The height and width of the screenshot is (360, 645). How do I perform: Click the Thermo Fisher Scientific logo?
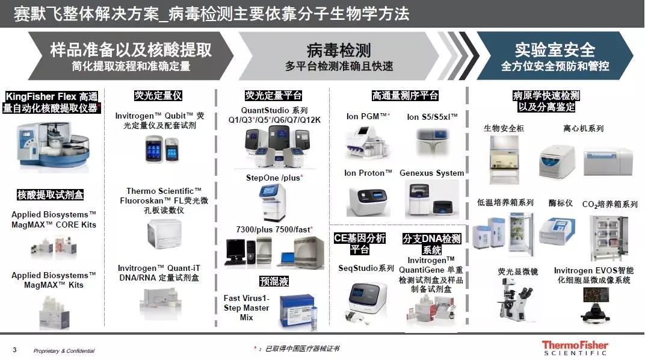point(575,347)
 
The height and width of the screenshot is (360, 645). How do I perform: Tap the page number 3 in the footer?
point(15,350)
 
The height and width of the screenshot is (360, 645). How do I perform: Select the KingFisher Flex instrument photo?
point(53,146)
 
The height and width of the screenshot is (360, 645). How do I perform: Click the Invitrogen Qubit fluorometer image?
point(162,149)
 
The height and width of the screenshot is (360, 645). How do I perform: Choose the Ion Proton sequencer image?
point(368,201)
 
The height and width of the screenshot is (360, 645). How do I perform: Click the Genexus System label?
point(431,173)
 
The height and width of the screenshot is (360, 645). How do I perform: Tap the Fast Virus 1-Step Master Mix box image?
point(298,311)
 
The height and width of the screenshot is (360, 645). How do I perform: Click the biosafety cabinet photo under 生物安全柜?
point(504,159)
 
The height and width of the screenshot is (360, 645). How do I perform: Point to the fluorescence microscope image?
point(517,299)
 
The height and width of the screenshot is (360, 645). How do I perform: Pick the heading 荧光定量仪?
point(158,96)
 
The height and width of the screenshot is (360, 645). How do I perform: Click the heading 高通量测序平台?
point(405,96)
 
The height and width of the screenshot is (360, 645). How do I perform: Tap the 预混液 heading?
point(274,281)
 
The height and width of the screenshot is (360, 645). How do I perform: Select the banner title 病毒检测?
point(339,50)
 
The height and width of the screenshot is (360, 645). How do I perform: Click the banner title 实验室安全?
point(555,50)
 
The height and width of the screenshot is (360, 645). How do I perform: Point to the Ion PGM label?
point(368,116)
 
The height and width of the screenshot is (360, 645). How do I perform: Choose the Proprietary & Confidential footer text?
point(64,351)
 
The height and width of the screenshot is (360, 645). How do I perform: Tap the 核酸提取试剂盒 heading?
point(50,194)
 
